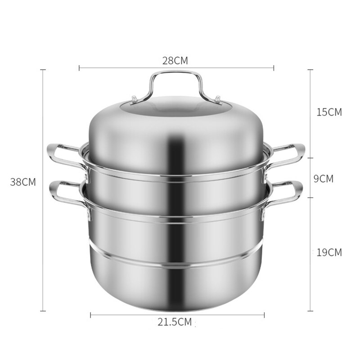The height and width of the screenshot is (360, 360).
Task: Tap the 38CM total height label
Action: pyautogui.click(x=23, y=182)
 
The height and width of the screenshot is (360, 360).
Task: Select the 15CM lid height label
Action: pyautogui.click(x=329, y=112)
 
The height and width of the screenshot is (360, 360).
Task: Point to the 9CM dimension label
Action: pyautogui.click(x=323, y=179)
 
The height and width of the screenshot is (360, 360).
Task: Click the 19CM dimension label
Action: pyautogui.click(x=329, y=252)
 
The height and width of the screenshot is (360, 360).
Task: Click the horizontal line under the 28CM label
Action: pyautogui.click(x=135, y=68)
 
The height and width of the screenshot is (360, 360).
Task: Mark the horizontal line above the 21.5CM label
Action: pyautogui.click(x=135, y=315)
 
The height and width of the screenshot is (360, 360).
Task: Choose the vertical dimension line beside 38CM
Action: pyautogui.click(x=43, y=135)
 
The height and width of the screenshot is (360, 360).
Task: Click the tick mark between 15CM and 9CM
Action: pyautogui.click(x=310, y=158)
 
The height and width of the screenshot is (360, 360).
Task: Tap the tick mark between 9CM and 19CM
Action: pyautogui.click(x=310, y=197)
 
